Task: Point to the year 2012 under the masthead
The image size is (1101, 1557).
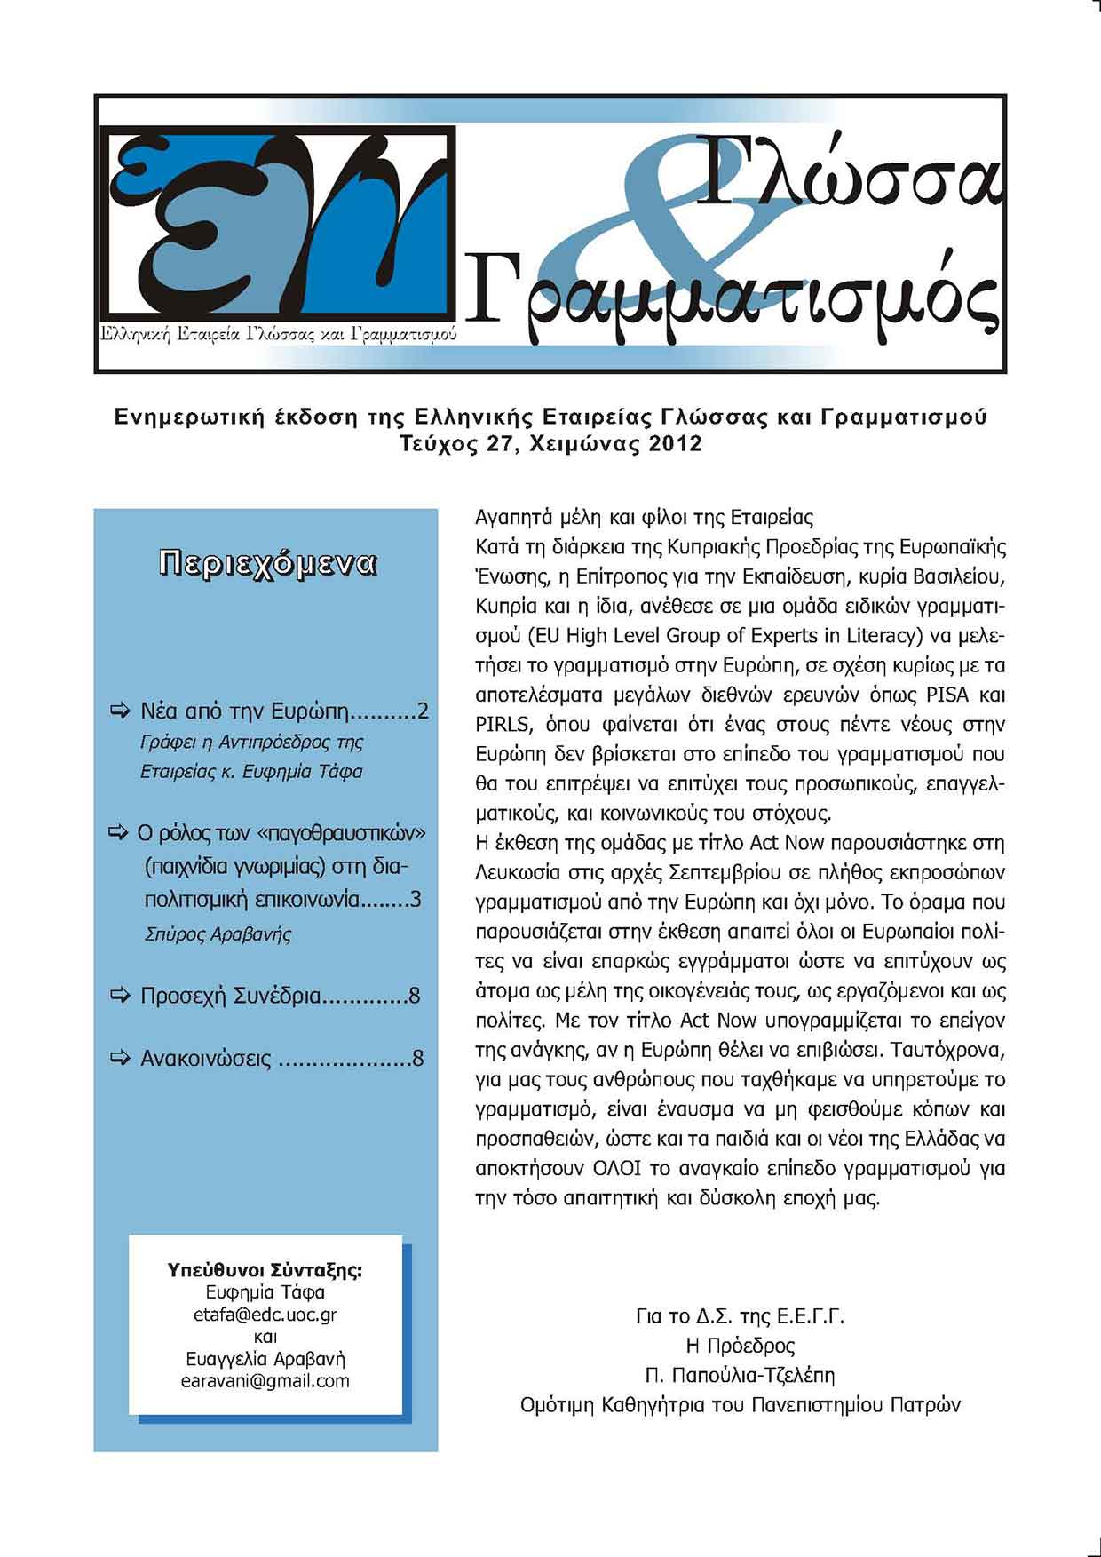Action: click(675, 444)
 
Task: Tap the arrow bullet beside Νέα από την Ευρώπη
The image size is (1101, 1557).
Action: click(119, 711)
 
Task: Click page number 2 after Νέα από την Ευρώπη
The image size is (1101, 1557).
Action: click(423, 711)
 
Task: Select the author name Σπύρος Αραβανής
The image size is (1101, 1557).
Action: click(218, 934)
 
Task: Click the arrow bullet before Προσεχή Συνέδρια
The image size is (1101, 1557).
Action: click(119, 995)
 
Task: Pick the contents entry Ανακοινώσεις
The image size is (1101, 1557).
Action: click(206, 1059)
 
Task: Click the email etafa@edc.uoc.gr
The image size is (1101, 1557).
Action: click(265, 1315)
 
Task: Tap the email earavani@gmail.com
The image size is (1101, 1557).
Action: click(265, 1381)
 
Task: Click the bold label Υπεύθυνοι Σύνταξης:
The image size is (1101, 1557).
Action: click(265, 1270)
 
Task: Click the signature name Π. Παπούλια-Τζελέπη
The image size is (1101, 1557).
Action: click(740, 1376)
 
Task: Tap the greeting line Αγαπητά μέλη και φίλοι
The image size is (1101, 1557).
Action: click(645, 517)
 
